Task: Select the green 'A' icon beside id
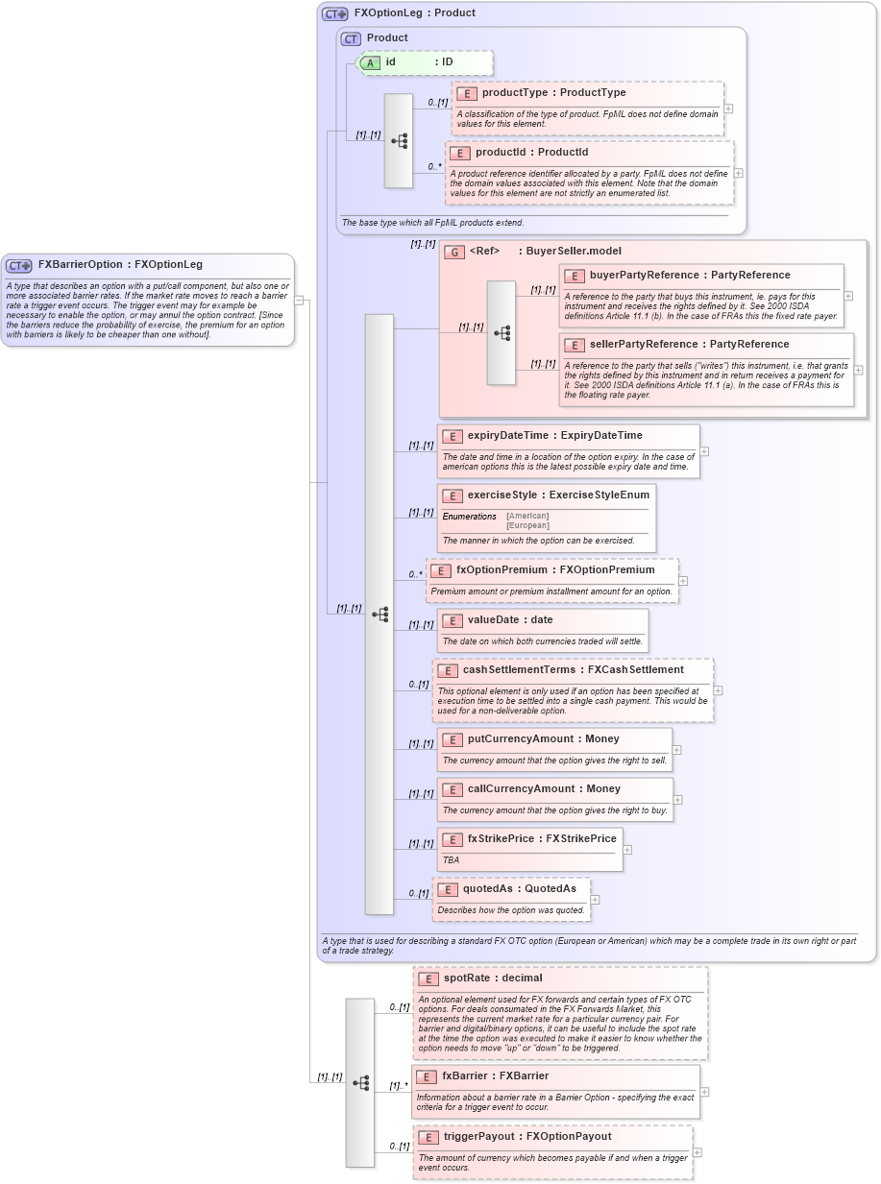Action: [x=370, y=62]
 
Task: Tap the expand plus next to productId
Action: [x=738, y=173]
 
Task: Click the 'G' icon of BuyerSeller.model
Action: [x=454, y=252]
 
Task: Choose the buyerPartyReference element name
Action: [x=636, y=276]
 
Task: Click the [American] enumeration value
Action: [x=527, y=516]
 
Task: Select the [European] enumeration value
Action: [x=527, y=525]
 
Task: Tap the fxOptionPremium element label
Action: [x=509, y=570]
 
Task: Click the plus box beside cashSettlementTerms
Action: [x=718, y=689]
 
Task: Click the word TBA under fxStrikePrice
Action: [x=450, y=860]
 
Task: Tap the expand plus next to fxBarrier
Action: [x=704, y=1091]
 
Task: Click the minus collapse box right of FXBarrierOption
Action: [x=299, y=300]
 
